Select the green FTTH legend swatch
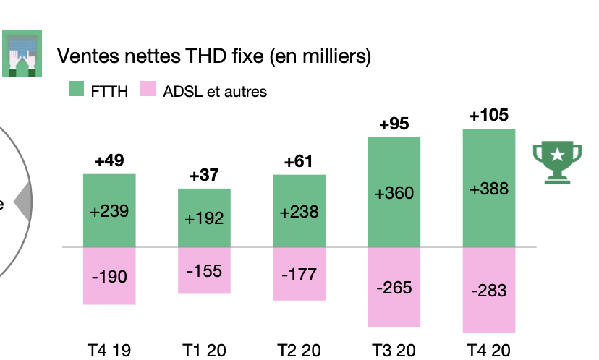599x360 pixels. [x=77, y=90]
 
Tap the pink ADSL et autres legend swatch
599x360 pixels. [x=148, y=90]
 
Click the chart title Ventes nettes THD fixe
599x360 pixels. [x=213, y=56]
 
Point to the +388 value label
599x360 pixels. [x=489, y=189]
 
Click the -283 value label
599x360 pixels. [x=489, y=291]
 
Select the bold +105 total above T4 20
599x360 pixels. [x=489, y=116]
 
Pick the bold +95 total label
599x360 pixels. [x=394, y=124]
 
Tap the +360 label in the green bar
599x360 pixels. [x=394, y=194]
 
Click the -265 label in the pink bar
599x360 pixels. [x=394, y=287]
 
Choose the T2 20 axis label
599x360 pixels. [x=299, y=351]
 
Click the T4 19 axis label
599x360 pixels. [x=109, y=351]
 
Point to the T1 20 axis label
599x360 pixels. [x=204, y=351]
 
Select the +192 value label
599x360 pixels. [x=204, y=218]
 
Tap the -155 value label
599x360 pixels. [x=204, y=272]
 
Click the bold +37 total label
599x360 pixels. [x=204, y=176]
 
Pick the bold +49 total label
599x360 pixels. [x=109, y=160]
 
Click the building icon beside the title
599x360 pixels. [x=21, y=54]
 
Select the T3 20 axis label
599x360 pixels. [x=394, y=351]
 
